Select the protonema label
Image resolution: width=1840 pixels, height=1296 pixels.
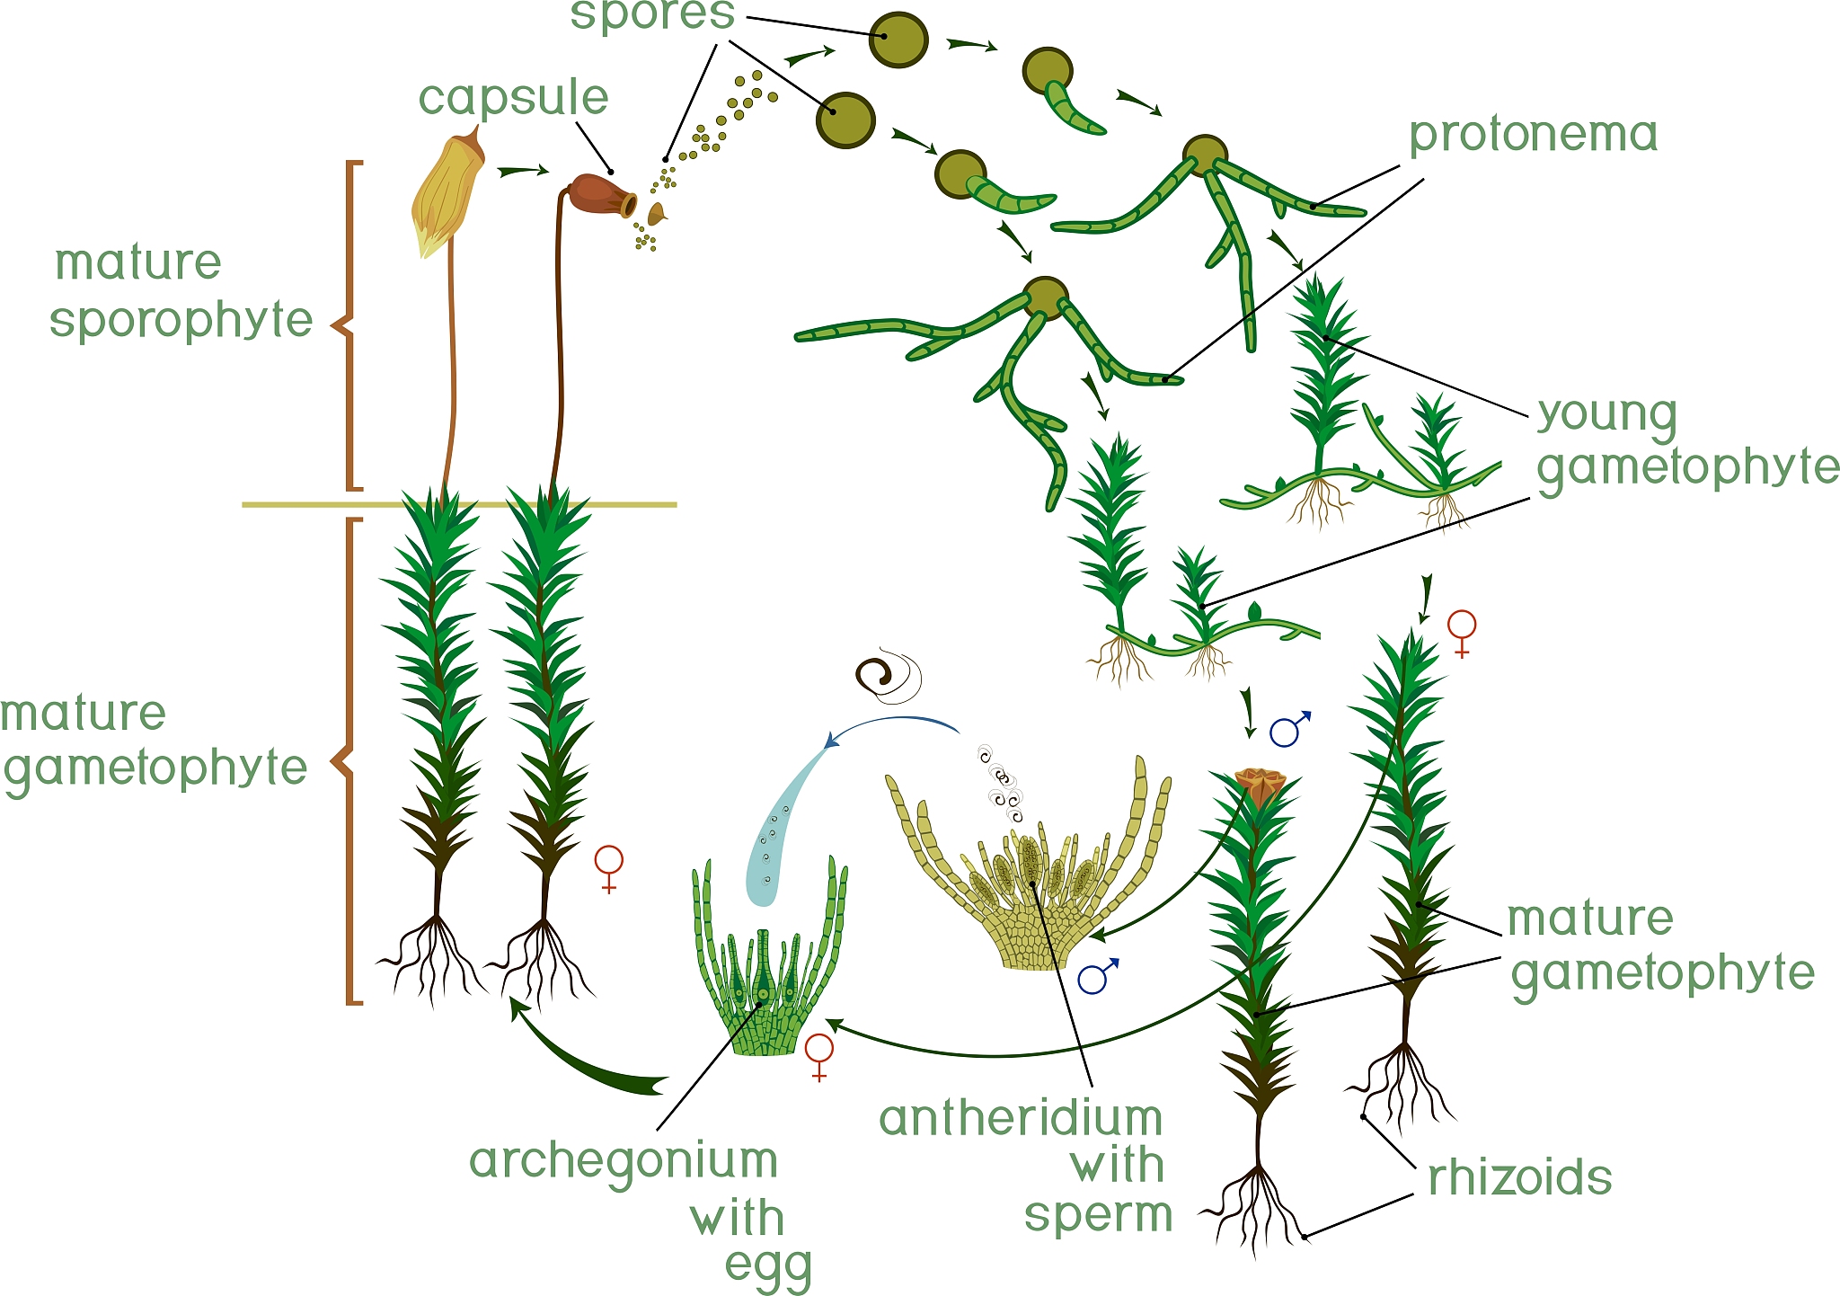pyautogui.click(x=1533, y=136)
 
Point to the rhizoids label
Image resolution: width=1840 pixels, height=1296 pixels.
pyautogui.click(x=1520, y=1177)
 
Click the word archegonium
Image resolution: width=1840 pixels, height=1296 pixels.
pyautogui.click(x=623, y=1161)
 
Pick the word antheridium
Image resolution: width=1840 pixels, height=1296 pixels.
pyautogui.click(x=1021, y=1119)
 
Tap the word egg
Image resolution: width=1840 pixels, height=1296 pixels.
pyautogui.click(x=768, y=1267)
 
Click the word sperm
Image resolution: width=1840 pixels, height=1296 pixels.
pyautogui.click(x=1098, y=1215)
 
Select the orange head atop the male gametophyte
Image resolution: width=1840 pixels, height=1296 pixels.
pyautogui.click(x=1260, y=785)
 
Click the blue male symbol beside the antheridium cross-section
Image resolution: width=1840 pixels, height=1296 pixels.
pyautogui.click(x=1097, y=976)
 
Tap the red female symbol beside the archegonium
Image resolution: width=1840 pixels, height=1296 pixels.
pyautogui.click(x=819, y=1054)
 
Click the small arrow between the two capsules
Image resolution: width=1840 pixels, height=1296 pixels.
pyautogui.click(x=523, y=170)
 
